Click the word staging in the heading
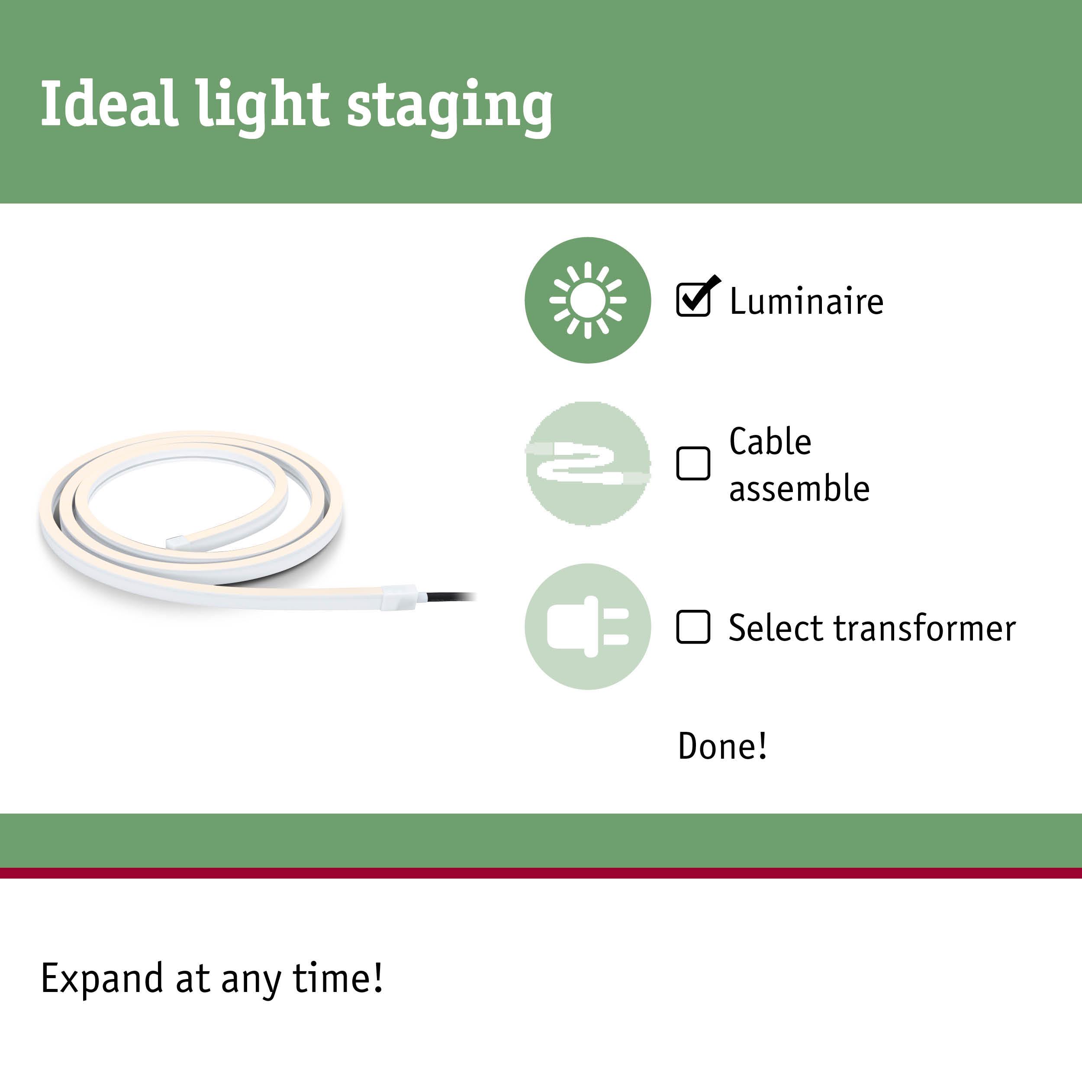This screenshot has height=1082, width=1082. click(x=450, y=106)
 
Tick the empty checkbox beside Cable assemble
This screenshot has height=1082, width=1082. click(x=693, y=464)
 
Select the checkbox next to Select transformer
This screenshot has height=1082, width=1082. click(x=693, y=627)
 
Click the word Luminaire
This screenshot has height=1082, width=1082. click(x=806, y=301)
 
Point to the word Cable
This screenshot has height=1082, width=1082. click(x=770, y=441)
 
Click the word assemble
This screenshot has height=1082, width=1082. click(x=799, y=488)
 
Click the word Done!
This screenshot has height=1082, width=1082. click(x=722, y=746)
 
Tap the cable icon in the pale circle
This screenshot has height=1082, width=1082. click(x=587, y=464)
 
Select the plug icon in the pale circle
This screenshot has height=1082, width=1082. click(x=587, y=626)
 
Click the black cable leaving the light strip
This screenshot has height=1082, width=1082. click(x=448, y=596)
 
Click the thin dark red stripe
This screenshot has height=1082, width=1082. click(x=541, y=873)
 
